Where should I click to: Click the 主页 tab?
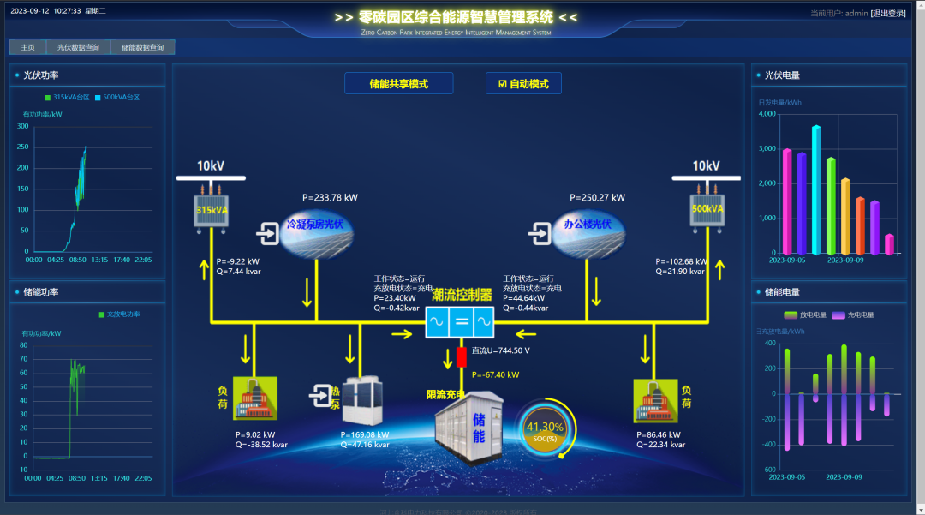27,47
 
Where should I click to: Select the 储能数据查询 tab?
142,47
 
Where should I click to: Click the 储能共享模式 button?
398,83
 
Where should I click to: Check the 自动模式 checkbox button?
523,83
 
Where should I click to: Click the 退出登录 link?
887,13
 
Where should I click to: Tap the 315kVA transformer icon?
209,209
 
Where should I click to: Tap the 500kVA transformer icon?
707,209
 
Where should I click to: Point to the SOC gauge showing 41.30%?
545,428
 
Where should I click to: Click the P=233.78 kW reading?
330,197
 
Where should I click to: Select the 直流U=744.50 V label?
500,350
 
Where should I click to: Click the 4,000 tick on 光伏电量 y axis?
767,114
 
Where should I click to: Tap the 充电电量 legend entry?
852,314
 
